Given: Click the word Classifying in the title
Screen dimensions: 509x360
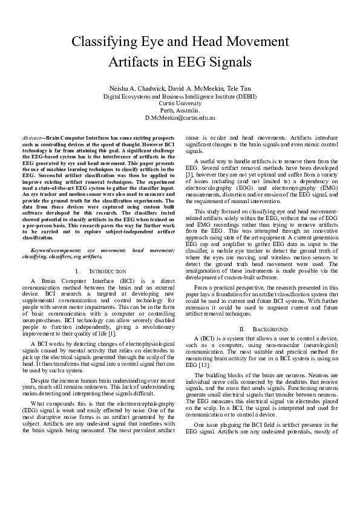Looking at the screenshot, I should click(103, 42).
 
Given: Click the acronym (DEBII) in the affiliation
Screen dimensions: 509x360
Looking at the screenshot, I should click(244, 96).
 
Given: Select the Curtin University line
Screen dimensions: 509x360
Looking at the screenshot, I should click(180, 103).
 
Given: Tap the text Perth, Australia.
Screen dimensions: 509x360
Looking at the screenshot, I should click(180, 111).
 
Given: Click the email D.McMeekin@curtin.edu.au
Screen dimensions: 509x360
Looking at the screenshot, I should click(180, 118).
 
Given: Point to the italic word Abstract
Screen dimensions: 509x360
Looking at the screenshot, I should click(31, 138).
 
